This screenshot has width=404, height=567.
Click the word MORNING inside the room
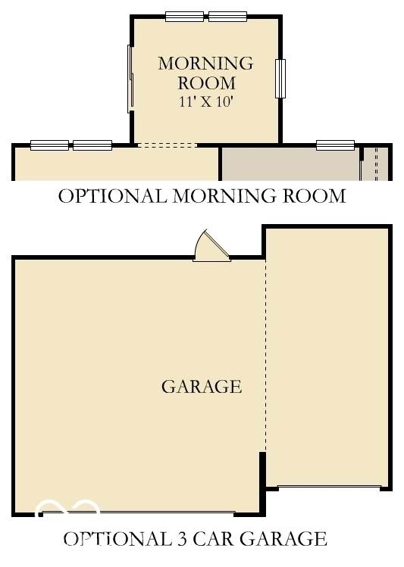pos(205,64)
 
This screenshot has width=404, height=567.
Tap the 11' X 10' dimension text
pos(205,101)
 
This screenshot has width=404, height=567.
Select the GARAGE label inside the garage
pos(202,387)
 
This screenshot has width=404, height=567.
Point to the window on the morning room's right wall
pos(280,79)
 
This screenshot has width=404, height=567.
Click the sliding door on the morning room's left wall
pos(130,79)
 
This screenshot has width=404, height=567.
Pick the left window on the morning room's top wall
pos(184,17)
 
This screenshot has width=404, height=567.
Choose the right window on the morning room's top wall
pos(227,17)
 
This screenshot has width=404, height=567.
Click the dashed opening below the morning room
pos(168,145)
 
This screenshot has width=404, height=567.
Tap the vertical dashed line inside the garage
pos(265,356)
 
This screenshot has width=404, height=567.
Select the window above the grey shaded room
pos(335,145)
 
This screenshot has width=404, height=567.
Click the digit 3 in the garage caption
pos(182,539)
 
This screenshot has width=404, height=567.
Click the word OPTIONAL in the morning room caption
pos(113,196)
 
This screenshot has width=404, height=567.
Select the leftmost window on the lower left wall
pos(49,145)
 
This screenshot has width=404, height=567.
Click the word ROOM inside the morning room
pos(207,83)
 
